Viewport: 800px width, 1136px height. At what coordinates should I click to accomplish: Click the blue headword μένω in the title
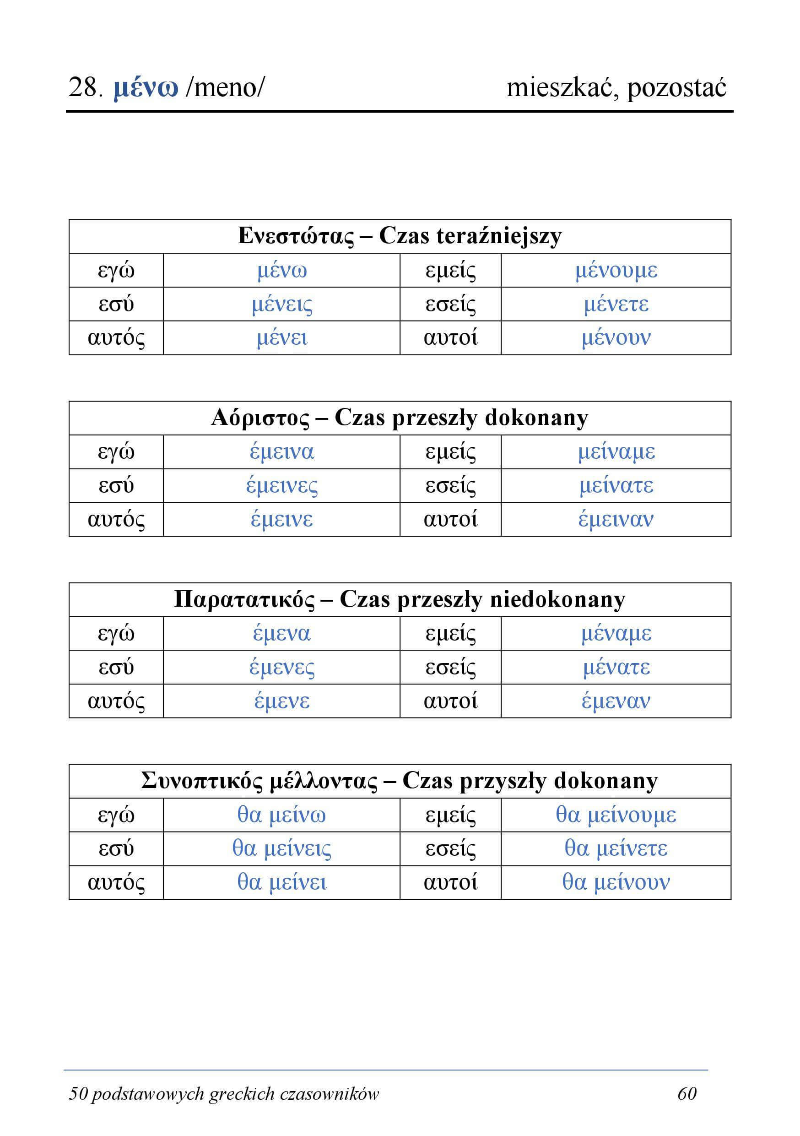146,88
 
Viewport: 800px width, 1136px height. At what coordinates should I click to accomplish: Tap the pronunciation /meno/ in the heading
225,88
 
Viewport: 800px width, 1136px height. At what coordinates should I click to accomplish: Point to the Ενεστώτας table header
400,236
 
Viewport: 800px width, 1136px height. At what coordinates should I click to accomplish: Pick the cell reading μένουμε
616,271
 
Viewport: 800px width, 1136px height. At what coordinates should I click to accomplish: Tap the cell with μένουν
616,338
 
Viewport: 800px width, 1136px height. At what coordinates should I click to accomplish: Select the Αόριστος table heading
400,418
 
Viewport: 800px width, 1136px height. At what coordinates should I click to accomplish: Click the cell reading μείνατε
616,485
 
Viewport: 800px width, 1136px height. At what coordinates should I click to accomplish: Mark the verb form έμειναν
616,520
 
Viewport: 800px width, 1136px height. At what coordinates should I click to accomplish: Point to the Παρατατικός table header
400,600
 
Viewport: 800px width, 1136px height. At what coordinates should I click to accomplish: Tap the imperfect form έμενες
282,668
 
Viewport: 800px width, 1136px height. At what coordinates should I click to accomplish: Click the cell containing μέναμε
616,633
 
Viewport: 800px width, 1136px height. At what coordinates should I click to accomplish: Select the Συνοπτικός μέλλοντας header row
400,781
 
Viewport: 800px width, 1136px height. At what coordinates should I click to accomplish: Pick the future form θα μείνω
282,815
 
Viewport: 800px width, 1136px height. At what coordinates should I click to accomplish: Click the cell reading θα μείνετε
616,848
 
